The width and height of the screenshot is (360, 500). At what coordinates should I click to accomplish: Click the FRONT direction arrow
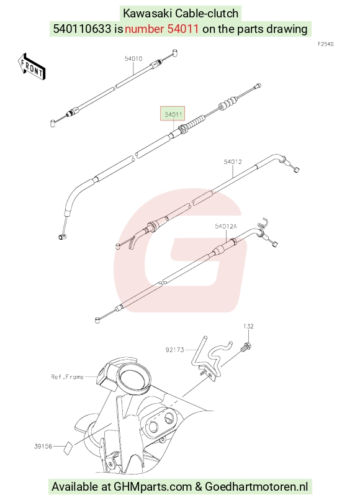tap(32, 66)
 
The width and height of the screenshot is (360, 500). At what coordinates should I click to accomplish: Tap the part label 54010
tap(133, 58)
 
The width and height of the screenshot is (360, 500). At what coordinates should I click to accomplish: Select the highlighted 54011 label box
tap(173, 114)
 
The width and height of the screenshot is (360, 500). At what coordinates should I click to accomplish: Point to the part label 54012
tap(233, 161)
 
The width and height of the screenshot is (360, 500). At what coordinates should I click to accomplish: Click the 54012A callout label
tap(226, 227)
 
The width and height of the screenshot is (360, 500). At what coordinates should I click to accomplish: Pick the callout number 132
tap(248, 326)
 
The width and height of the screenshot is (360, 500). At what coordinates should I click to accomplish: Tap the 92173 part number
tap(175, 350)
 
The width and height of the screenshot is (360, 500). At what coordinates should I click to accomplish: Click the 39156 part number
tap(43, 446)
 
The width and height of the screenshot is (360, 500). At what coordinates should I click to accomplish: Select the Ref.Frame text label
tap(67, 377)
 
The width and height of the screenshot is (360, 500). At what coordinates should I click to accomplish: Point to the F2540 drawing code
tap(326, 44)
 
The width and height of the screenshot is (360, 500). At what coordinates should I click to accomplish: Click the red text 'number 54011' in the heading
tap(162, 29)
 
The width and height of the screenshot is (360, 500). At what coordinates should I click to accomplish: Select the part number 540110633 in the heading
tap(83, 29)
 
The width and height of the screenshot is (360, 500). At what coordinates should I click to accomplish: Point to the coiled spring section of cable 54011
tap(192, 124)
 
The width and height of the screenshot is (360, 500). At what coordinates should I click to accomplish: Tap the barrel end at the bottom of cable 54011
tap(61, 237)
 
